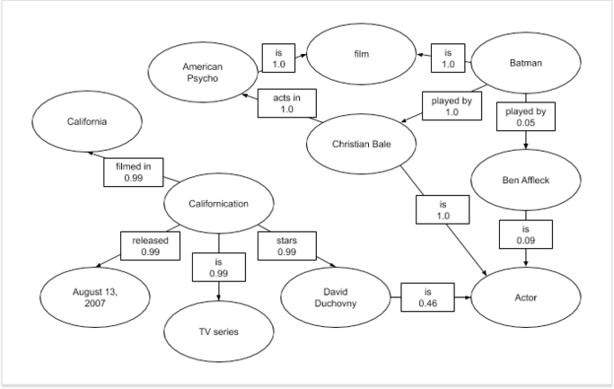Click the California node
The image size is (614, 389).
coord(87,121)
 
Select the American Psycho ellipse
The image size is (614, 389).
coord(202,73)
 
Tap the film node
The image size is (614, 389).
coord(361,55)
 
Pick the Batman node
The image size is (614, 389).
coord(526,63)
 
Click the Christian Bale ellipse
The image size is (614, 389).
coord(361,144)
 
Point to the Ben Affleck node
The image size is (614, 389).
coord(525,181)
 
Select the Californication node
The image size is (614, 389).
coord(218,203)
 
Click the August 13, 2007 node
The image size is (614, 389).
coord(95,298)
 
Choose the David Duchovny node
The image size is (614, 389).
coord(335,298)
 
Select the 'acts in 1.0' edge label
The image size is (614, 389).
coord(286,102)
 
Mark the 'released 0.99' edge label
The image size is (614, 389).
coord(150,245)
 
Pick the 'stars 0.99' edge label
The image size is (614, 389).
coord(286,245)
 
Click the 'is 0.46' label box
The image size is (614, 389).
coord(427,297)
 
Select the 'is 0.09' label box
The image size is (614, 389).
coord(525,234)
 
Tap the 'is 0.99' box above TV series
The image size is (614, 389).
coord(218,267)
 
